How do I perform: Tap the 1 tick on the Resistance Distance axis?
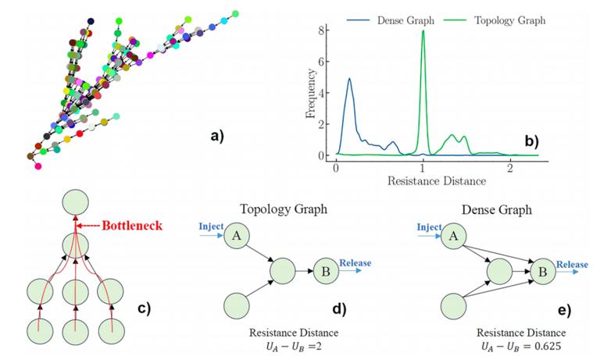[423, 168]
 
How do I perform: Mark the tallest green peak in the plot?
[423, 32]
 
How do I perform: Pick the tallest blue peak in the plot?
[349, 79]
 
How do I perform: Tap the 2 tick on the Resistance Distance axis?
[509, 168]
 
